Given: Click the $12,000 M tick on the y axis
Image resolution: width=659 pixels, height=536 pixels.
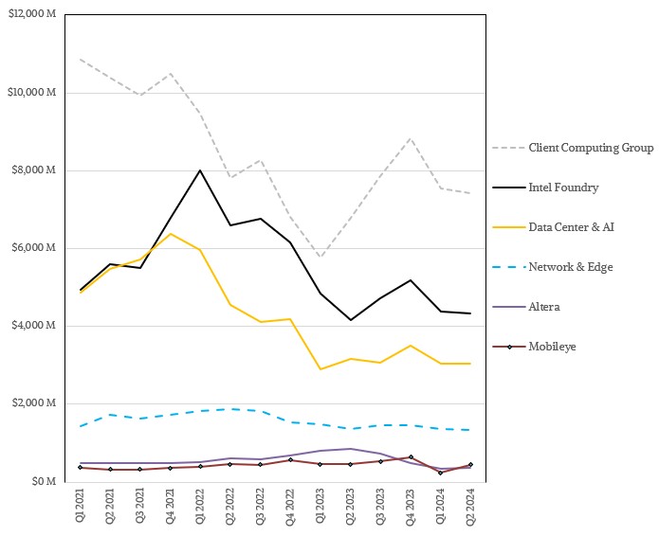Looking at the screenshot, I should click(x=33, y=15).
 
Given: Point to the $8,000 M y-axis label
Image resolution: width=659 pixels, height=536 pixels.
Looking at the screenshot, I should click(x=36, y=170).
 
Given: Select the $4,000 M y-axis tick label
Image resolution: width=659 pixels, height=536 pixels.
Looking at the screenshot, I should click(x=36, y=327).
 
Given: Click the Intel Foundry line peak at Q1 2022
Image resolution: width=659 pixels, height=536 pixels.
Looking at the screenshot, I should click(x=200, y=170).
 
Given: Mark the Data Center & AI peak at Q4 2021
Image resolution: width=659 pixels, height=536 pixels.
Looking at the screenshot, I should click(x=170, y=233).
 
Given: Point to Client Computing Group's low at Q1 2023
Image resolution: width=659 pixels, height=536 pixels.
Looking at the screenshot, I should click(x=320, y=258).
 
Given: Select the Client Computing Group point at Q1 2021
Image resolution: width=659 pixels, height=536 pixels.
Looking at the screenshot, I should click(x=81, y=60).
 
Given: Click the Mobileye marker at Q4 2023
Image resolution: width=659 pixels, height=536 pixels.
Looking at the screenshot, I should click(x=410, y=457).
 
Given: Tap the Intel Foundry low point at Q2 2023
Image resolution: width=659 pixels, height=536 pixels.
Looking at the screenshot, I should click(x=350, y=320).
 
